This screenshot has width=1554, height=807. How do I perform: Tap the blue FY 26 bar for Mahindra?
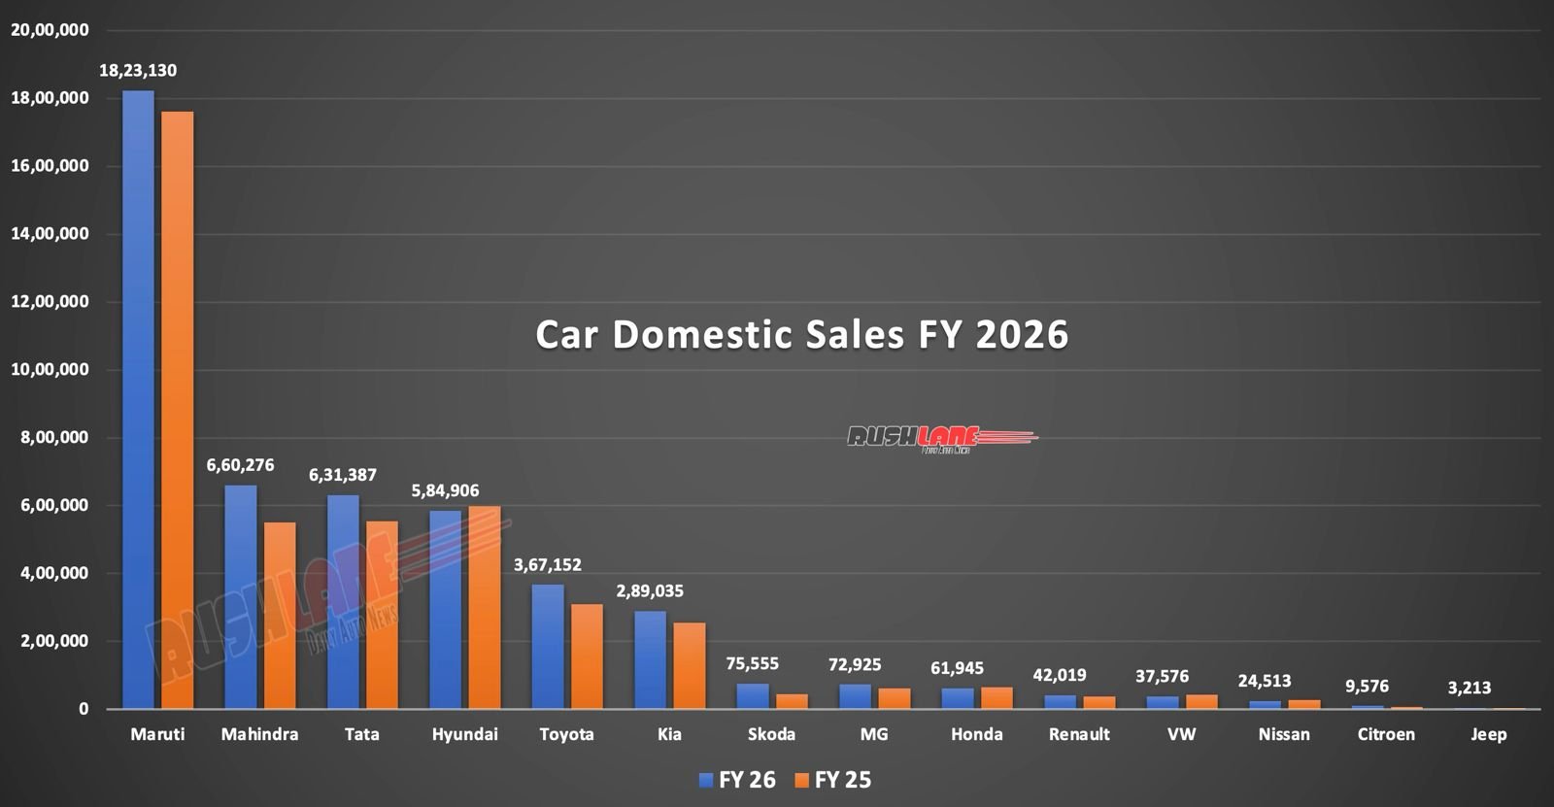(240, 597)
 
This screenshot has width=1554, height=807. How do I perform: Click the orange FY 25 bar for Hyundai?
(485, 608)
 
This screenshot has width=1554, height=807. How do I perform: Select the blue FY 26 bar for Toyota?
(547, 647)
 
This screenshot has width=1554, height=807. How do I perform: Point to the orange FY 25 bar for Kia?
(690, 666)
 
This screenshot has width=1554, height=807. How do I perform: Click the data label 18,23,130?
(138, 71)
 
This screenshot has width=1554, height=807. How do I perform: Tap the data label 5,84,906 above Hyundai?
(445, 491)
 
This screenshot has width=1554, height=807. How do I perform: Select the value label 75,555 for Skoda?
(752, 664)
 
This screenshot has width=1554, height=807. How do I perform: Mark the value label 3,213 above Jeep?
(1469, 689)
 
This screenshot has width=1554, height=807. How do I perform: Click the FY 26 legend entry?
(737, 780)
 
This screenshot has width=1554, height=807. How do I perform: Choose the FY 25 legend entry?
(832, 780)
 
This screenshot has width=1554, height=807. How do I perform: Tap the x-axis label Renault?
(1079, 734)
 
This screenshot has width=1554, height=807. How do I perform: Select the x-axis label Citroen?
(1386, 734)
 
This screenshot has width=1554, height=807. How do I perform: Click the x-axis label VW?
(1181, 734)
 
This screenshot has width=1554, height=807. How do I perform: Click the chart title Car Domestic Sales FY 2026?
(802, 334)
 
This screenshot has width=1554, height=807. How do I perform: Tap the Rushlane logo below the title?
(940, 438)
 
